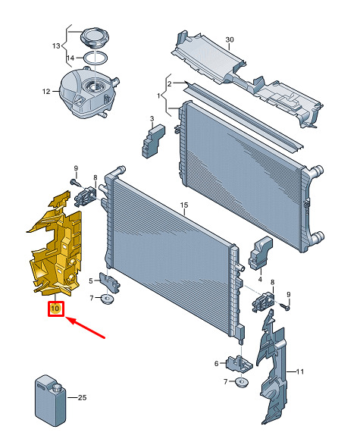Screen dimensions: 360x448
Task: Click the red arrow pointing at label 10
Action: [x=86, y=328]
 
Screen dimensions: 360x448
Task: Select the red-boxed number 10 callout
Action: [x=55, y=309]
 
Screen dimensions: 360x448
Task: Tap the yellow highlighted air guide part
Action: [x=55, y=246]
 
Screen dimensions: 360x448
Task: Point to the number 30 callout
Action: [x=230, y=39]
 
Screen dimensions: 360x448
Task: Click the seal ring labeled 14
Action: [x=95, y=58]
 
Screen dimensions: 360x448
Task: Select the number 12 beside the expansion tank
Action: [x=46, y=92]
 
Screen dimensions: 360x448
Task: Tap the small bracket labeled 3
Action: [x=153, y=141]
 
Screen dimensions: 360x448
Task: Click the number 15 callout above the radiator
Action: [x=184, y=205]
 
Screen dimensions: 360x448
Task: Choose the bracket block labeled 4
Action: [x=261, y=253]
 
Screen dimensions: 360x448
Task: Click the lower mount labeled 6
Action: [x=239, y=365]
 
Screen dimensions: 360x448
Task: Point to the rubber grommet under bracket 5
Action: [x=107, y=299]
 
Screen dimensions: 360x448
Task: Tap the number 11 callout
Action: [x=299, y=371]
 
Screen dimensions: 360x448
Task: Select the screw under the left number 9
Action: [x=74, y=182]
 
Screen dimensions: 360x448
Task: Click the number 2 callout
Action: [x=170, y=83]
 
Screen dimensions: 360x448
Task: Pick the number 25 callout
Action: [x=82, y=397]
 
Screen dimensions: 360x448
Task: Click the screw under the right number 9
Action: [x=286, y=307]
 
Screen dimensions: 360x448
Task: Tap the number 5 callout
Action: [x=91, y=281]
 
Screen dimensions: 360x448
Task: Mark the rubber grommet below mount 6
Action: [x=242, y=382]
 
